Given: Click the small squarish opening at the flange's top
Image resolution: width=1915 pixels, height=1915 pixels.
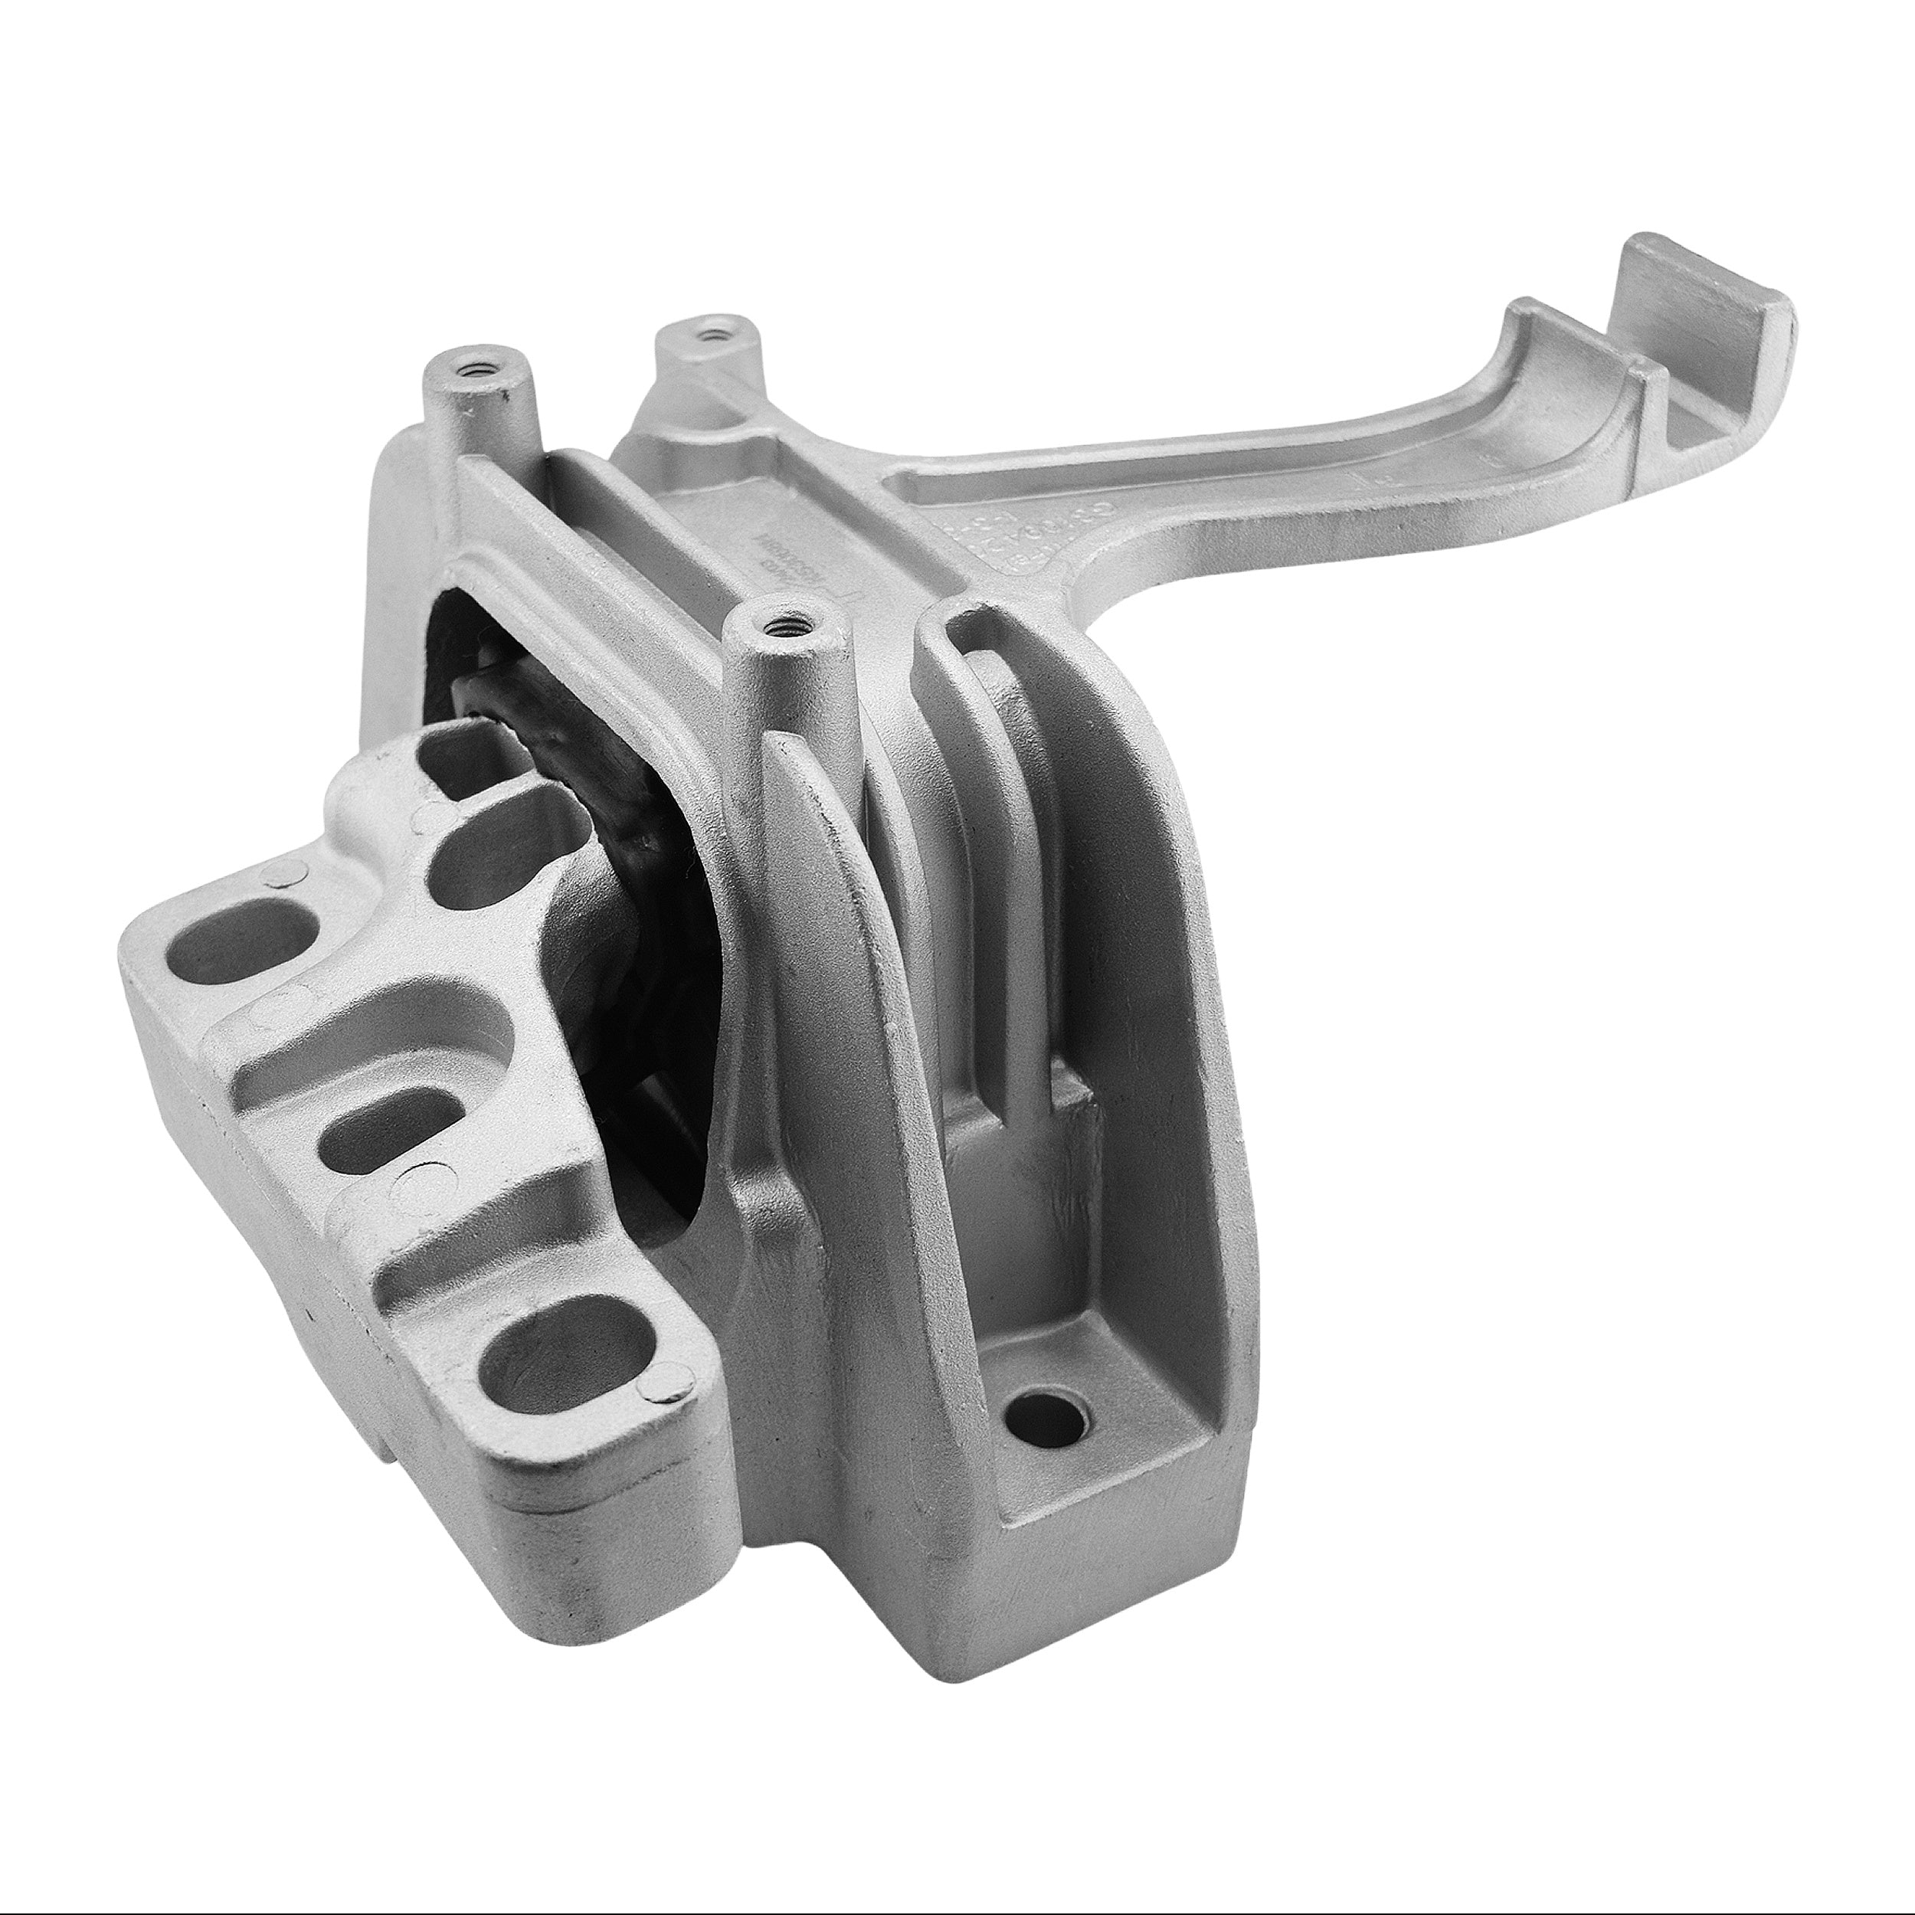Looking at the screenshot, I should [456, 752].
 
